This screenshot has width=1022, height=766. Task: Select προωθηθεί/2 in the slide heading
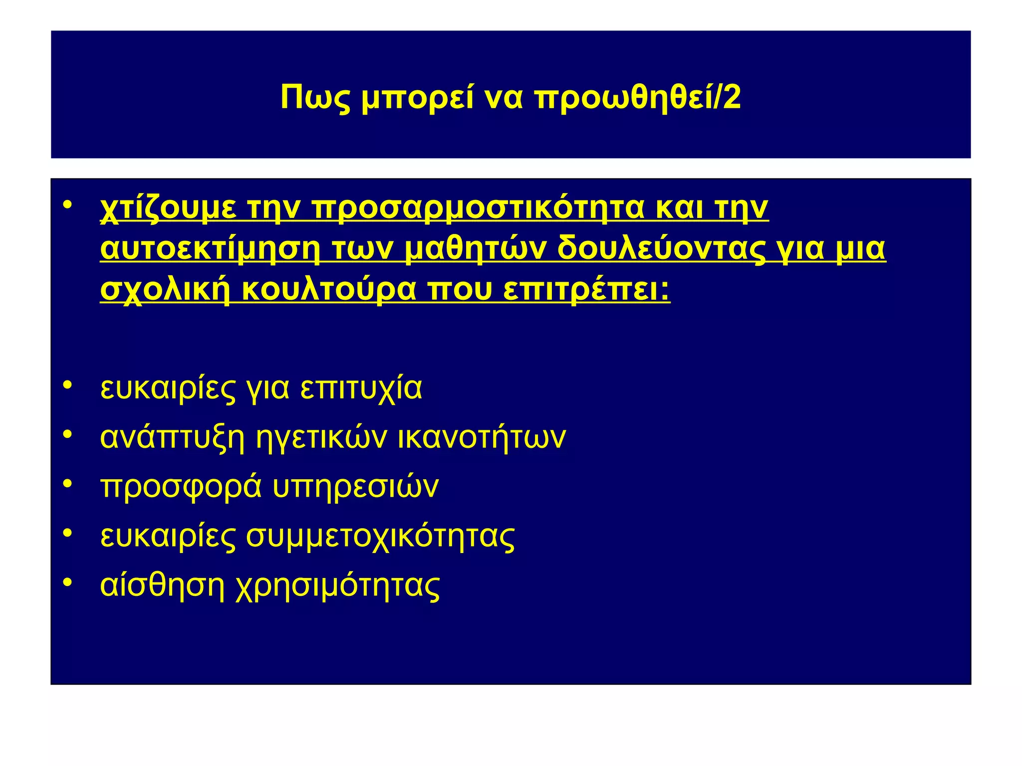click(x=638, y=98)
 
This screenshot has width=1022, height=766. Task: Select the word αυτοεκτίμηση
click(x=210, y=249)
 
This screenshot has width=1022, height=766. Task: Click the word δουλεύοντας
click(x=661, y=249)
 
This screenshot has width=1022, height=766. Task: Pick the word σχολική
click(x=165, y=290)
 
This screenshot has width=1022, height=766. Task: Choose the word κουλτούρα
click(x=329, y=290)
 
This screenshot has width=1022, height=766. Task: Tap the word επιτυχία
click(x=361, y=389)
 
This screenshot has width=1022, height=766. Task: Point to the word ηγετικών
click(x=321, y=438)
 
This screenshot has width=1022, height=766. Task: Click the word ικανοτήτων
click(x=482, y=438)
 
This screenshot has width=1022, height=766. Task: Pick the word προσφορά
click(x=181, y=487)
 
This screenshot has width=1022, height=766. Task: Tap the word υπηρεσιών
click(x=355, y=487)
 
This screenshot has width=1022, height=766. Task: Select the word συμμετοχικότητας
click(x=380, y=537)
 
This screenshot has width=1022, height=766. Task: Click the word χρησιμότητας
click(x=337, y=586)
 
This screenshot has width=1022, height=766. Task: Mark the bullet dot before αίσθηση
click(x=68, y=582)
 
